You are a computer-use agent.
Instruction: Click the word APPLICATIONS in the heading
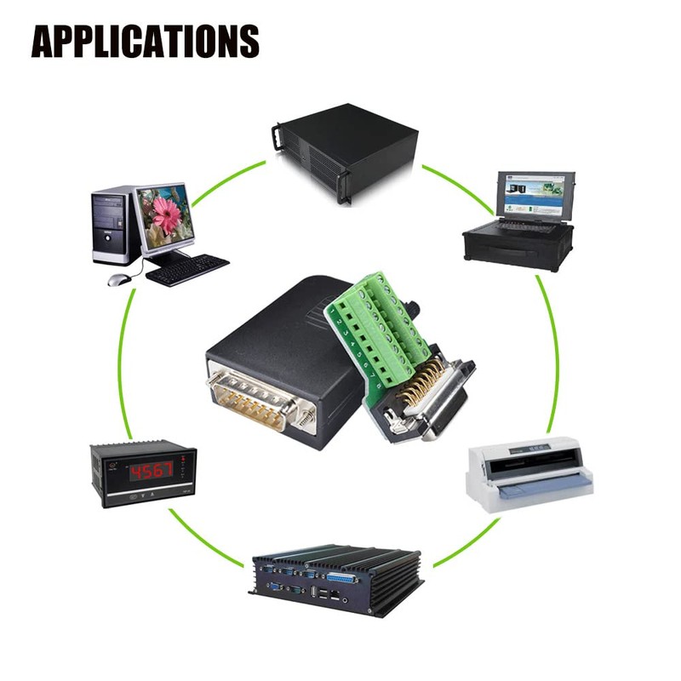click(x=145, y=40)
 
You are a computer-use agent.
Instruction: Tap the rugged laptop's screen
click(x=533, y=193)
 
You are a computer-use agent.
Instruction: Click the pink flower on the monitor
click(x=166, y=212)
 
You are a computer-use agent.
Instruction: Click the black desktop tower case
click(x=113, y=226)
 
